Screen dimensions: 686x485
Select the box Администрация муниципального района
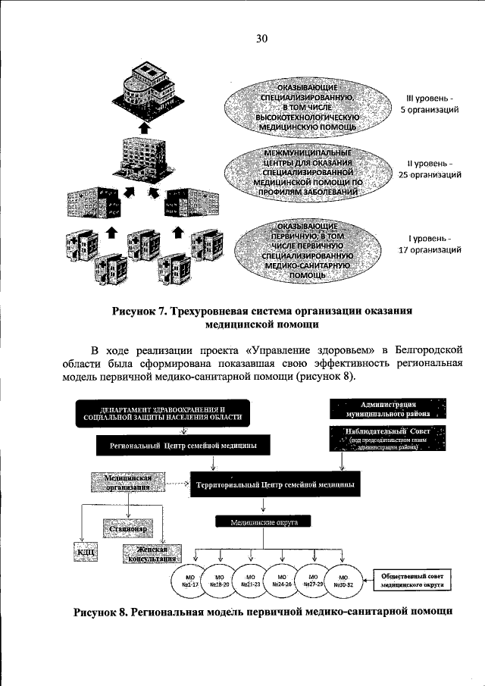pyautogui.click(x=389, y=409)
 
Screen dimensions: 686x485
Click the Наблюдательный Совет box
pyautogui.click(x=389, y=438)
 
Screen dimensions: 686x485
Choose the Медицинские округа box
pyautogui.click(x=265, y=522)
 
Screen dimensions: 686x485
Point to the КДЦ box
pyautogui.click(x=85, y=553)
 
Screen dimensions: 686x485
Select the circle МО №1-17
pyautogui.click(x=190, y=581)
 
